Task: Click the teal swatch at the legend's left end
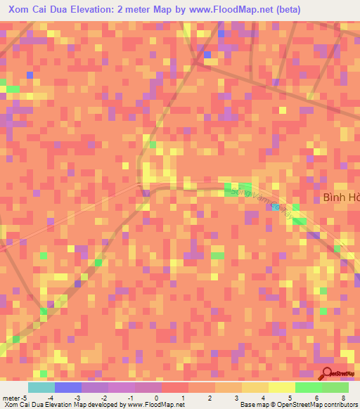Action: point(41,387)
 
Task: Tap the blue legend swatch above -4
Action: point(67,387)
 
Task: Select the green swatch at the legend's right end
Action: point(335,387)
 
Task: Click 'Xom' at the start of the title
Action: point(20,10)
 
